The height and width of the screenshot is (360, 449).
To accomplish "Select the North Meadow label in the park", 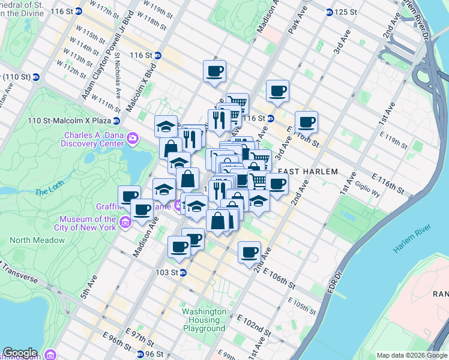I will click(x=37, y=240).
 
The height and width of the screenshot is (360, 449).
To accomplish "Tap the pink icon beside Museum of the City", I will click(x=125, y=223).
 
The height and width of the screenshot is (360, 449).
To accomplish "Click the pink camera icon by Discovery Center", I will click(x=133, y=139).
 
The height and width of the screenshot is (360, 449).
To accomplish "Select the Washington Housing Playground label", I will click(x=204, y=320).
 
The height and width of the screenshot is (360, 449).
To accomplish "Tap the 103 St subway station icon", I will click(x=184, y=272).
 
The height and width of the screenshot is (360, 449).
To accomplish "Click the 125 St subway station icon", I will click(x=330, y=12).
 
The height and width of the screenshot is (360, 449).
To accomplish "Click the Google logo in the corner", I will click(x=20, y=353).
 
